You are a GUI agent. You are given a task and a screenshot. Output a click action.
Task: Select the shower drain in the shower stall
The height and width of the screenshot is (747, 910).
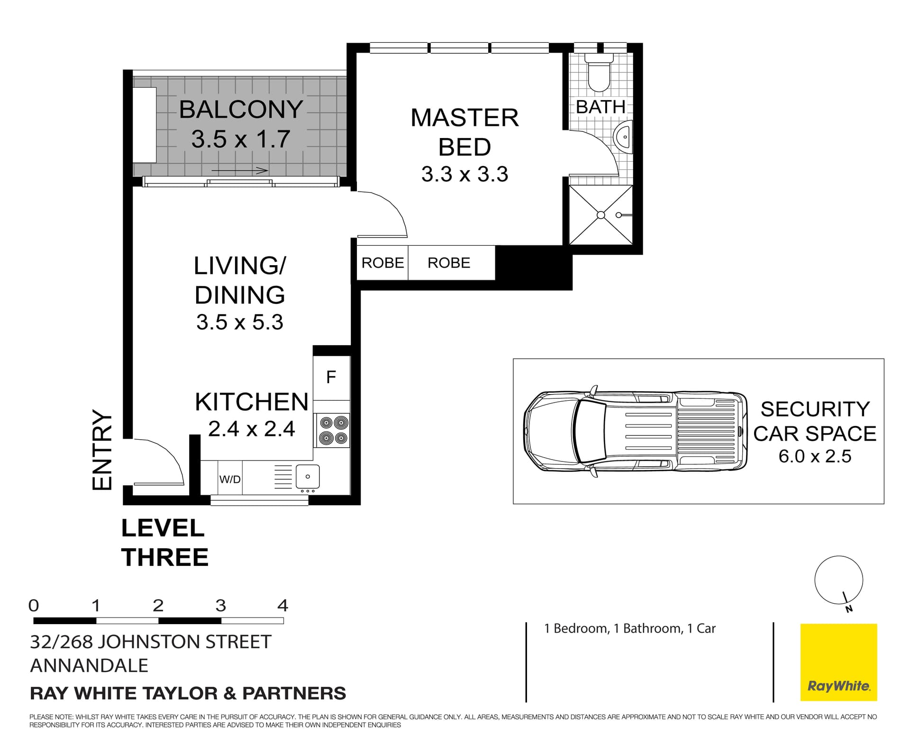601,215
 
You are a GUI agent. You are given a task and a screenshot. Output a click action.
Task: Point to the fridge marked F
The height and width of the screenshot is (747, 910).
331,378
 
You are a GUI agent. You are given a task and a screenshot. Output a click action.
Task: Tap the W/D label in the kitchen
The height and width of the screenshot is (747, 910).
230,479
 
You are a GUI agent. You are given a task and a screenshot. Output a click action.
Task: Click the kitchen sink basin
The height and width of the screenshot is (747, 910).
308,476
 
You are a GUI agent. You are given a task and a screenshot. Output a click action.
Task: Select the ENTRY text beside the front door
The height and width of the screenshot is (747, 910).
102,450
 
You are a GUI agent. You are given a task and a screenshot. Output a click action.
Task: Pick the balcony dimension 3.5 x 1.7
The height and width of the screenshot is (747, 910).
241,139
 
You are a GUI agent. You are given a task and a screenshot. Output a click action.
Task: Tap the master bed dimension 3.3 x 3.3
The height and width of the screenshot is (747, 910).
464,174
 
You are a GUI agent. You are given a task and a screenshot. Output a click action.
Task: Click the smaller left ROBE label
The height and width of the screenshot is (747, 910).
382,263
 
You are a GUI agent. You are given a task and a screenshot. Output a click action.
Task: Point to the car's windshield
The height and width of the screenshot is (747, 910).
590,431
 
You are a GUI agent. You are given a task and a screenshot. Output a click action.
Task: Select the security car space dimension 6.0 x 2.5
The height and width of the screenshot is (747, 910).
815,456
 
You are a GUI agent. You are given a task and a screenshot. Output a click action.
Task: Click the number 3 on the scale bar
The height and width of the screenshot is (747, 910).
220,606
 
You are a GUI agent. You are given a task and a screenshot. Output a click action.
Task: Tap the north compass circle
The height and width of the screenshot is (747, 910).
838,580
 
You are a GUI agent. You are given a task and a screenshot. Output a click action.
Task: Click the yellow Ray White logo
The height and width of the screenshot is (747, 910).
838,662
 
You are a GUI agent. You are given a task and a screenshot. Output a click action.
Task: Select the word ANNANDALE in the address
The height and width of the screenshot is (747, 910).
89,665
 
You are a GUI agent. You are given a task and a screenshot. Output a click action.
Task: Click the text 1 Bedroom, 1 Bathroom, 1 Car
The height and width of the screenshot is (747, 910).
629,628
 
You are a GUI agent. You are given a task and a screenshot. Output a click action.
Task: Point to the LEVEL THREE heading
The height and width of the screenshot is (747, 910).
164,542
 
